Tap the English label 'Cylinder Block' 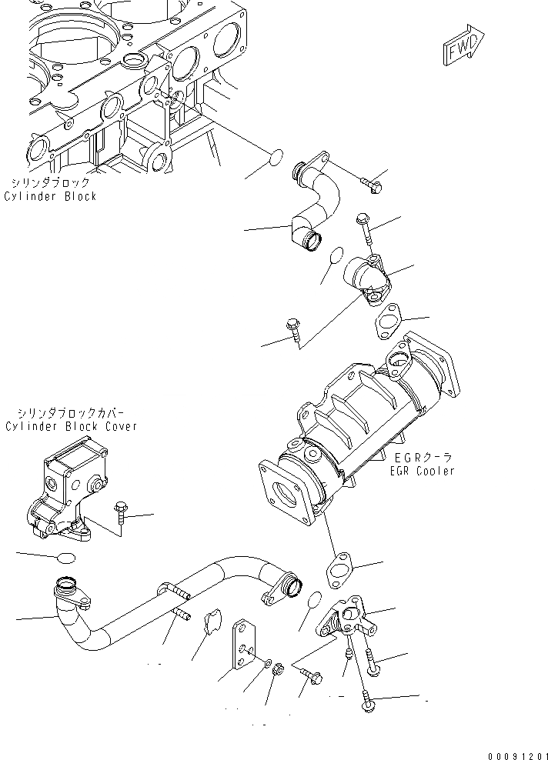(x=51, y=196)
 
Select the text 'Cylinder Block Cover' (x=71, y=425)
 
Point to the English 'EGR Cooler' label (x=423, y=471)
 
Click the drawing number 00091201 (x=516, y=752)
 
